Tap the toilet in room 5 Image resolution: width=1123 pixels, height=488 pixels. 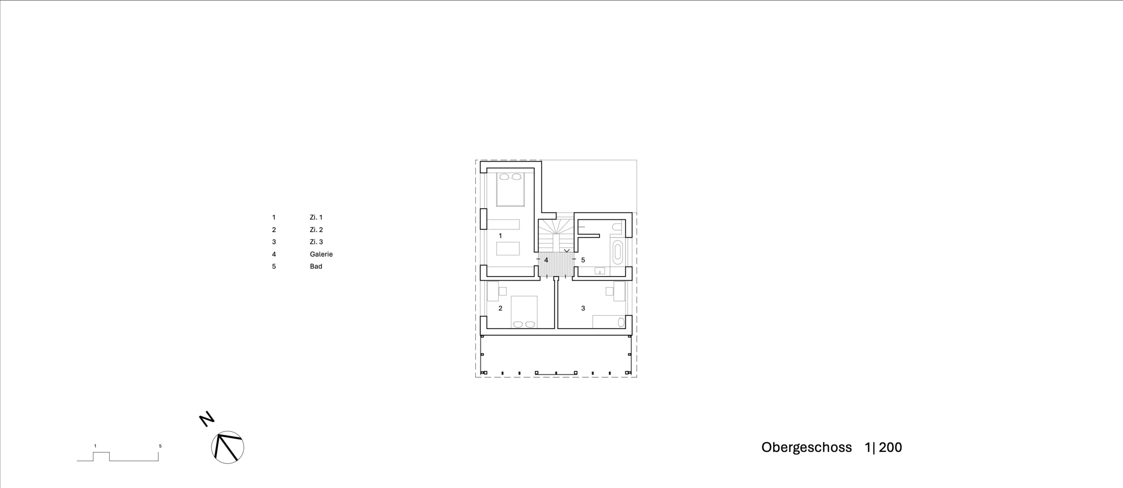(617, 227)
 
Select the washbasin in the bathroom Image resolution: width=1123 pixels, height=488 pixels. (600, 271)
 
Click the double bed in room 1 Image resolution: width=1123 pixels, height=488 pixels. (510, 189)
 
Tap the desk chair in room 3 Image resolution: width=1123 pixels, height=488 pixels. (609, 291)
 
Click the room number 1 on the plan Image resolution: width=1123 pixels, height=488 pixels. (500, 236)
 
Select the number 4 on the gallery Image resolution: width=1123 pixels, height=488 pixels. (546, 260)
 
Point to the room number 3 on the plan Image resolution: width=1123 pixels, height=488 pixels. (583, 308)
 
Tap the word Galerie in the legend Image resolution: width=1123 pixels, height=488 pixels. (321, 254)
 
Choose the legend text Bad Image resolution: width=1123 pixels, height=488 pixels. (316, 266)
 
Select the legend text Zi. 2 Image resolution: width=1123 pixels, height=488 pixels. (317, 229)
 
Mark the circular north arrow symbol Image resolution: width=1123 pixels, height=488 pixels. (228, 447)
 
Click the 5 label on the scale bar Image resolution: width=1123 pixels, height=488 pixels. (161, 446)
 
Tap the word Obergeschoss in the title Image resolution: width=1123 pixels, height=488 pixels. (806, 448)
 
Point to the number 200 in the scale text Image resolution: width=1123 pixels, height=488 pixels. (890, 448)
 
